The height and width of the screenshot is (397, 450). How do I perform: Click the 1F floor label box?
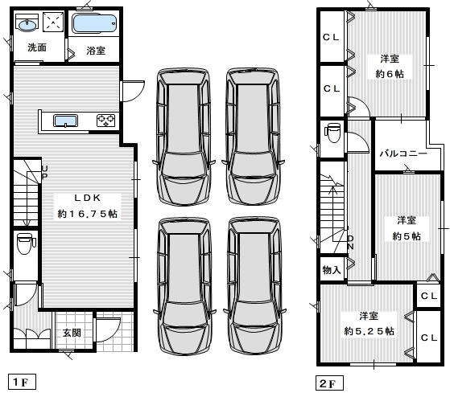click(x=22, y=382)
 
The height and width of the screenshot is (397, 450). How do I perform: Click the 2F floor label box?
click(x=329, y=383)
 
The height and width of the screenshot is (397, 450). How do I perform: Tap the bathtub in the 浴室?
click(x=94, y=24)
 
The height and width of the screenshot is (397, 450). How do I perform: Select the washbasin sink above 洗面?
click(x=27, y=23)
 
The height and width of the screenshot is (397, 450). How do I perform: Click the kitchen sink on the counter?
click(x=66, y=121)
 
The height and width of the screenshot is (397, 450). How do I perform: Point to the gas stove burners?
click(x=106, y=121)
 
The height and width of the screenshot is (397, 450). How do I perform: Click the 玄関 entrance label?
click(x=72, y=333)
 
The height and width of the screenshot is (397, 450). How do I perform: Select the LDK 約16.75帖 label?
click(x=88, y=206)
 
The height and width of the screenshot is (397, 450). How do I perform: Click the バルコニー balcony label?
click(x=403, y=153)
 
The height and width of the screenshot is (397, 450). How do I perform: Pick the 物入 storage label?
click(x=332, y=269)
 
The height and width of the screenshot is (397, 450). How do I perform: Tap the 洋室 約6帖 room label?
click(x=390, y=67)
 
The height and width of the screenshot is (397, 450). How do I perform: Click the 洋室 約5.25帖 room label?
click(x=369, y=324)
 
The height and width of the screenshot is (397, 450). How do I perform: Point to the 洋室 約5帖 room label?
click(x=407, y=228)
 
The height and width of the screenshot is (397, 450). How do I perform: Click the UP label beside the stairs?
click(x=45, y=172)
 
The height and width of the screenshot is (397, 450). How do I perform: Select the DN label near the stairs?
click(x=351, y=243)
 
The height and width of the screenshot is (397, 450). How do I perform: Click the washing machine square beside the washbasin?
click(x=53, y=22)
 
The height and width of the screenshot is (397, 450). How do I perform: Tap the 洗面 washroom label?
click(x=37, y=47)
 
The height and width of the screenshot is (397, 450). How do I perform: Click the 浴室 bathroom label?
click(x=96, y=51)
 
